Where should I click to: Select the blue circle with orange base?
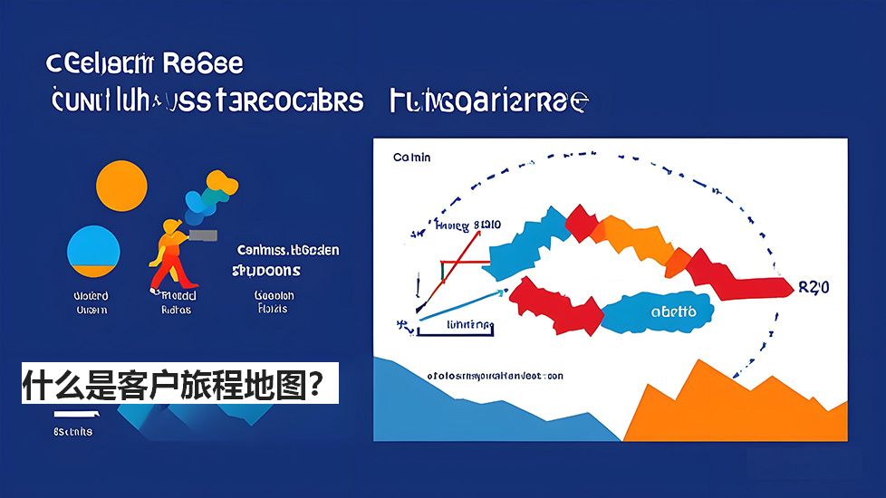pyautogui.click(x=94, y=253)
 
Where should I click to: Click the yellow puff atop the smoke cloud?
pyautogui.click(x=226, y=186)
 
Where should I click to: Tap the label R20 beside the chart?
pyautogui.click(x=814, y=287)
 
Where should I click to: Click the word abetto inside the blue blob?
pyautogui.click(x=673, y=311)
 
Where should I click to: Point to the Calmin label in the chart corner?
pyautogui.click(x=412, y=158)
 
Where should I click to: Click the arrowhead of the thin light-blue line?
pyautogui.click(x=500, y=294)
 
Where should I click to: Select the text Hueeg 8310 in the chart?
pyautogui.click(x=467, y=225)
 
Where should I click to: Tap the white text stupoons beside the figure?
pyautogui.click(x=266, y=270)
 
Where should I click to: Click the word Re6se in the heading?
pyautogui.click(x=203, y=64)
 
